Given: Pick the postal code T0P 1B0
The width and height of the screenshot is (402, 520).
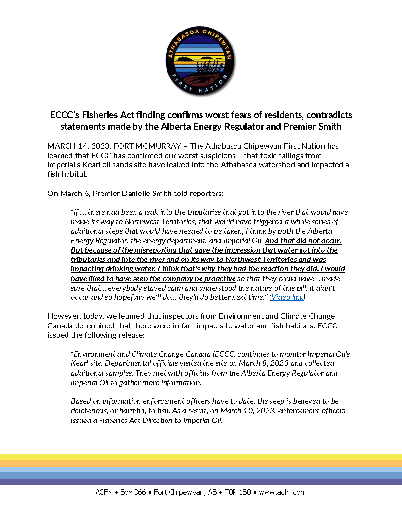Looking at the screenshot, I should [x=237, y=492].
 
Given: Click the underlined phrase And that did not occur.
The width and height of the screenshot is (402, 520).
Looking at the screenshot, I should [x=303, y=241].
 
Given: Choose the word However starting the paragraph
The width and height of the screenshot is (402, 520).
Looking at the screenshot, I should [x=63, y=316].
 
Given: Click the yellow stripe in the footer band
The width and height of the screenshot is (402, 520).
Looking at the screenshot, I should [x=201, y=456].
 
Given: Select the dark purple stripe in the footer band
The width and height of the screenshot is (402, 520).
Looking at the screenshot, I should [x=201, y=482].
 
